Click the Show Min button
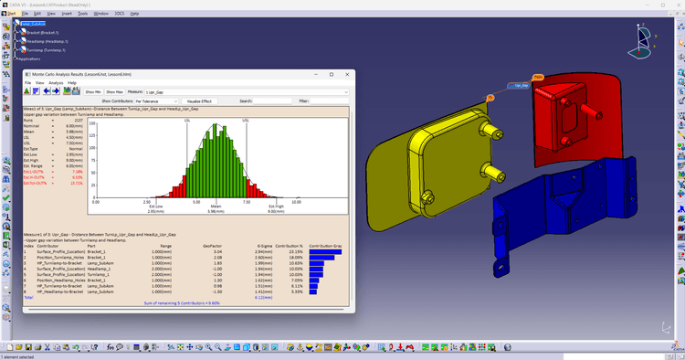click(x=93, y=91)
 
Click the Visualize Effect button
click(x=199, y=101)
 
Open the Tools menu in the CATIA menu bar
click(x=83, y=14)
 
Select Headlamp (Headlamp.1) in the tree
click(x=47, y=41)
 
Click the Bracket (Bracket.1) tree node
click(x=43, y=32)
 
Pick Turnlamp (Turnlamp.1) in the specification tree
click(x=47, y=49)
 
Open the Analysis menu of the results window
click(x=55, y=82)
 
